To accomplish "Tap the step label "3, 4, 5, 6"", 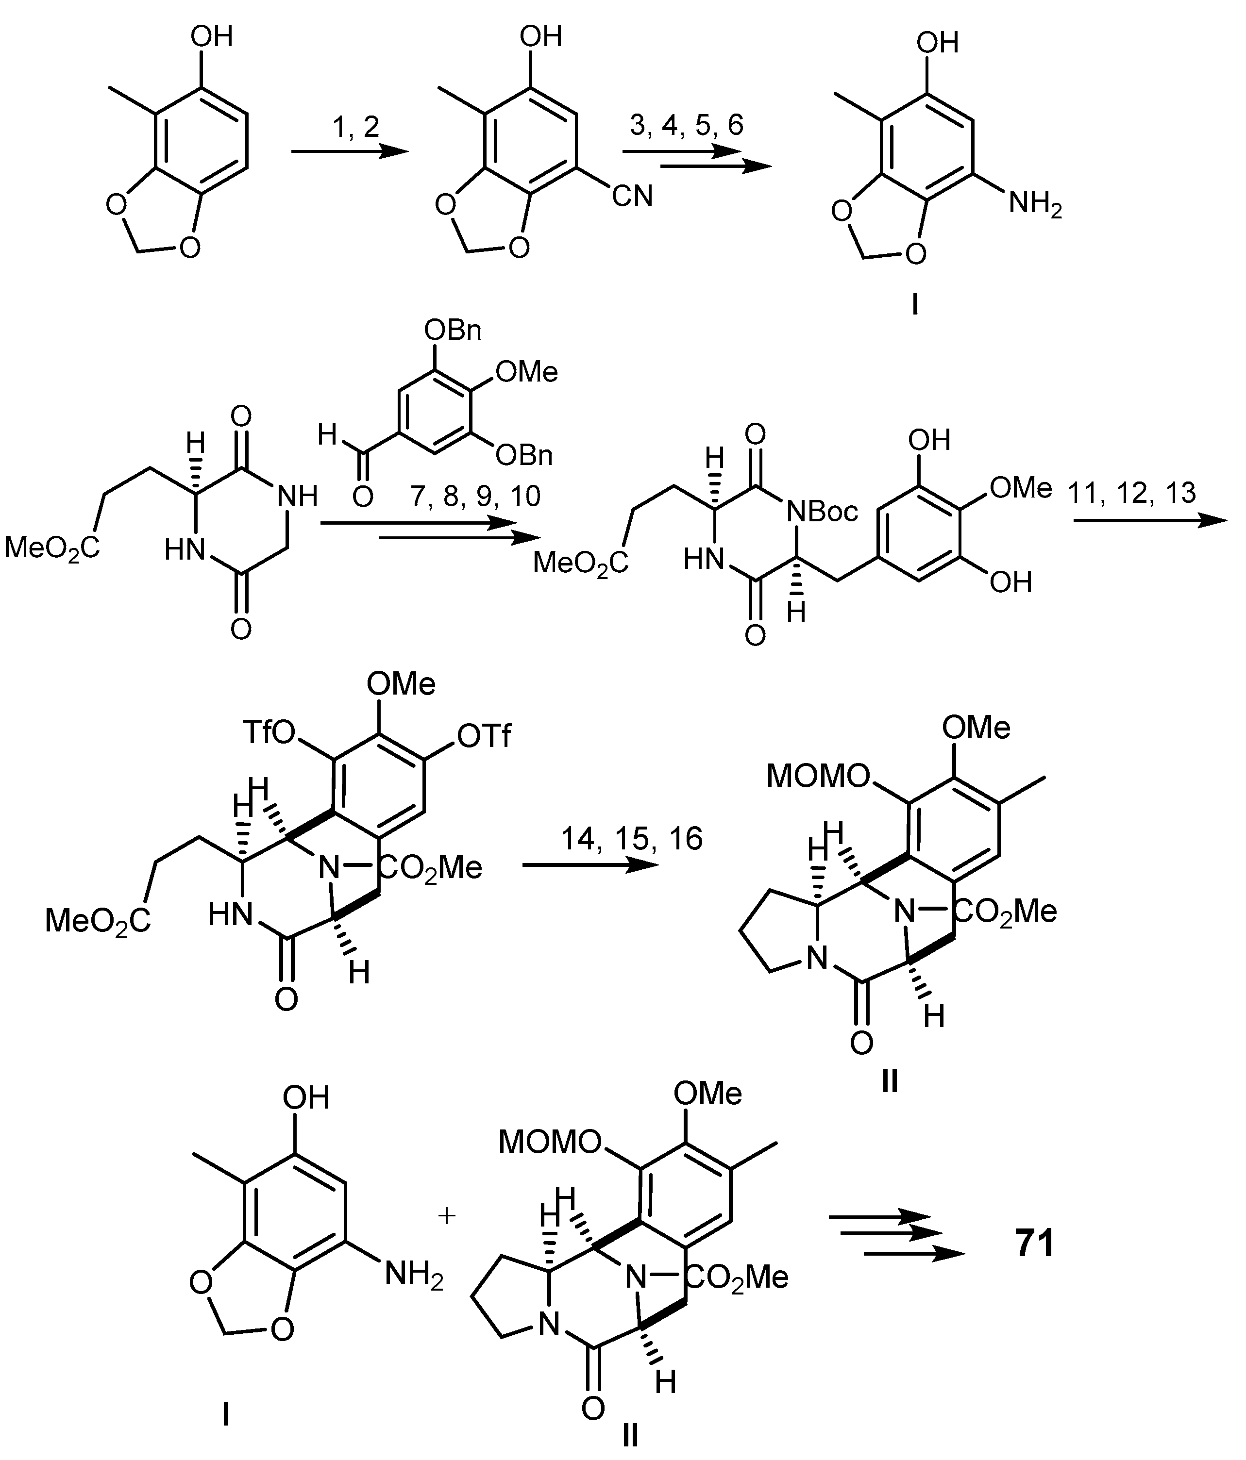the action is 687,125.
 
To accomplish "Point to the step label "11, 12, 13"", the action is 1131,493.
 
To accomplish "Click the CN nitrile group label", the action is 632,196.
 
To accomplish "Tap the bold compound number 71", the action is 1035,1243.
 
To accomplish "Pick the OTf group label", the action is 484,736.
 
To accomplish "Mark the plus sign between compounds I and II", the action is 447,1215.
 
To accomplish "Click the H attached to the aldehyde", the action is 326,435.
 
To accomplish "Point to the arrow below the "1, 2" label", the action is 350,151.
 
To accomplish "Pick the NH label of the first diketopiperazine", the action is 297,497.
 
